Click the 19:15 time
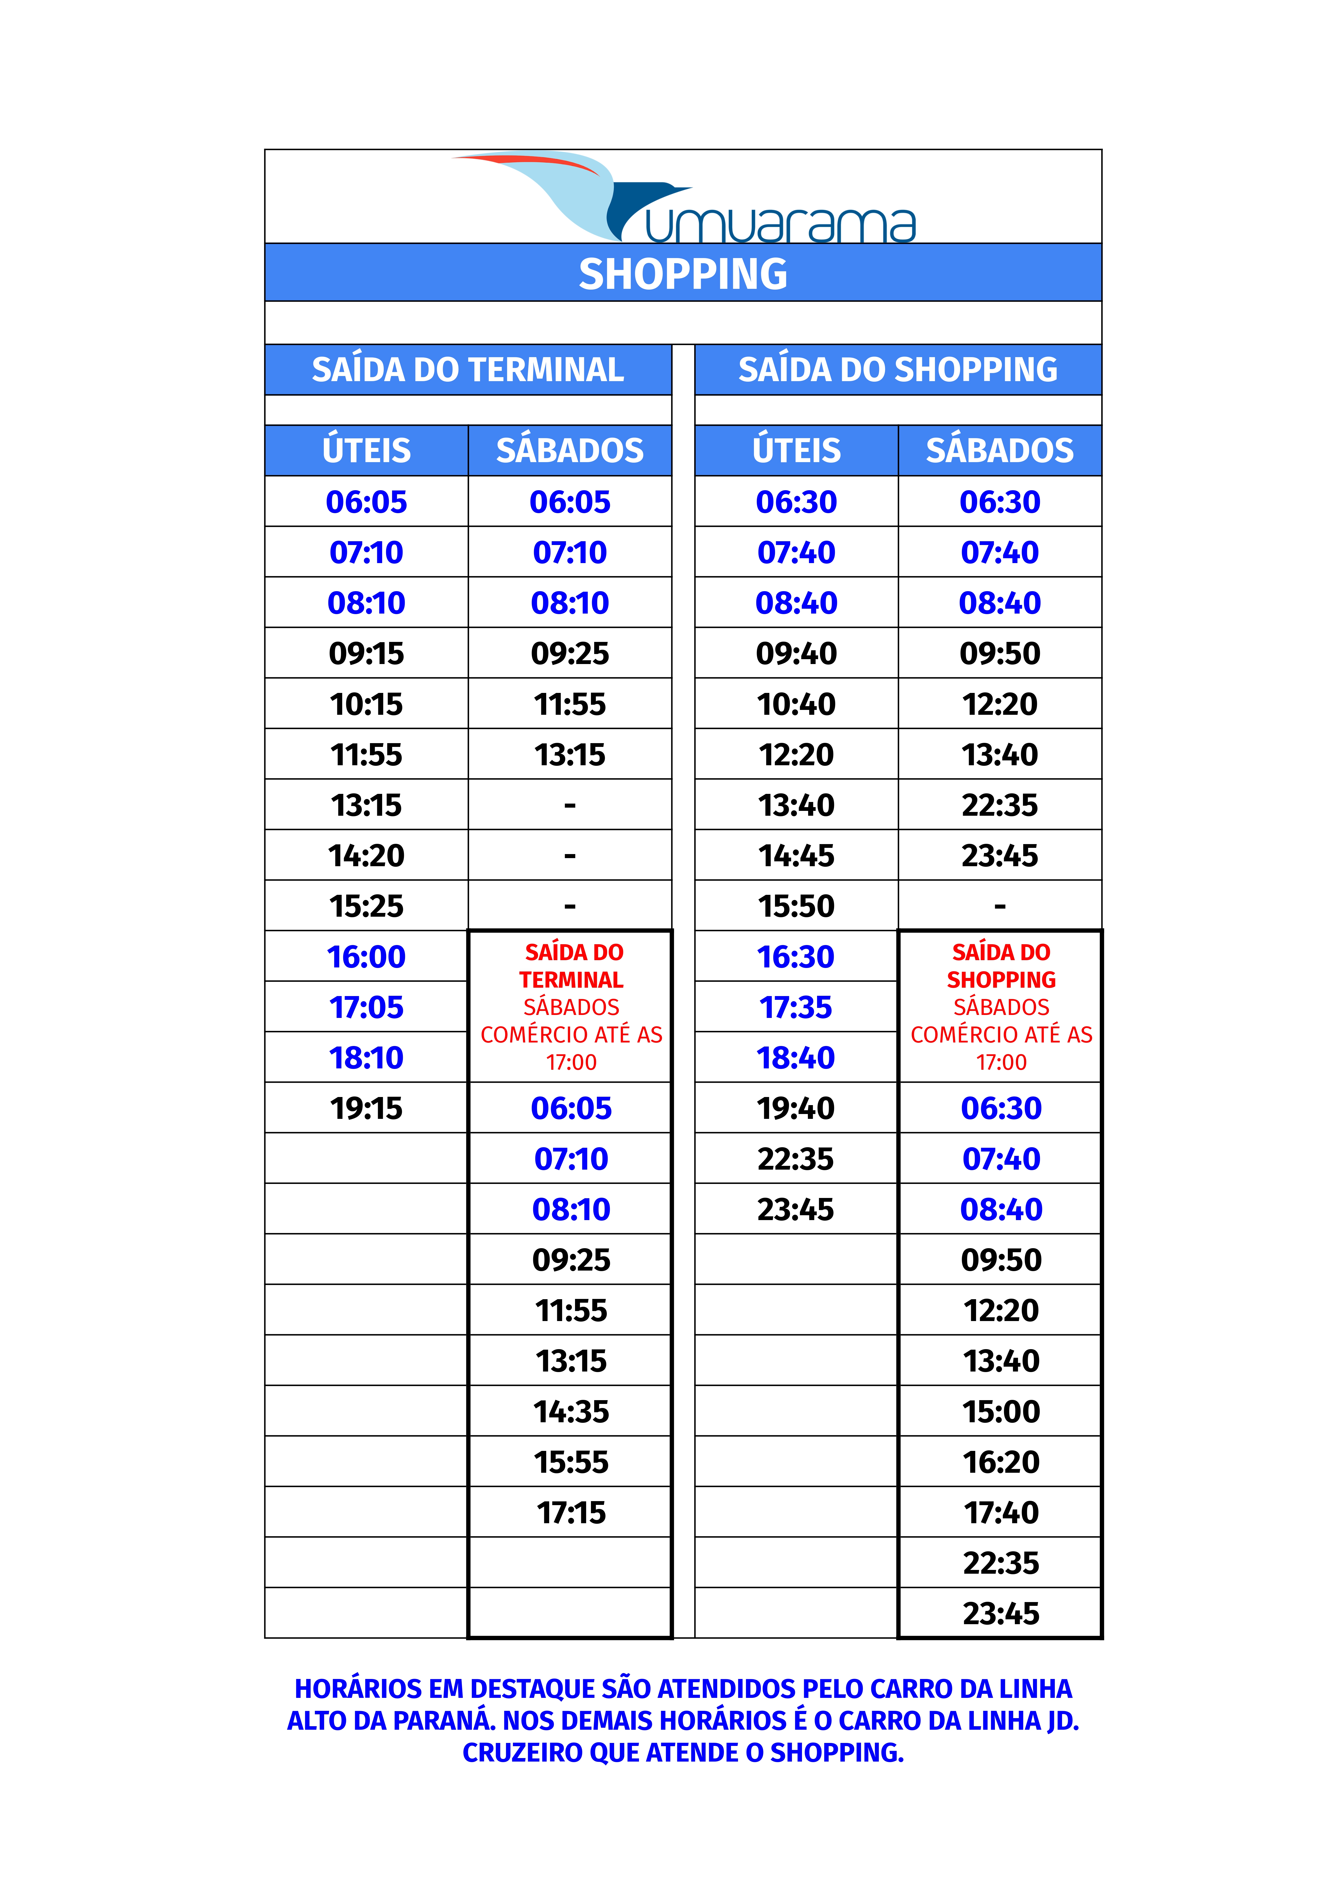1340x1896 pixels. (367, 1108)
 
